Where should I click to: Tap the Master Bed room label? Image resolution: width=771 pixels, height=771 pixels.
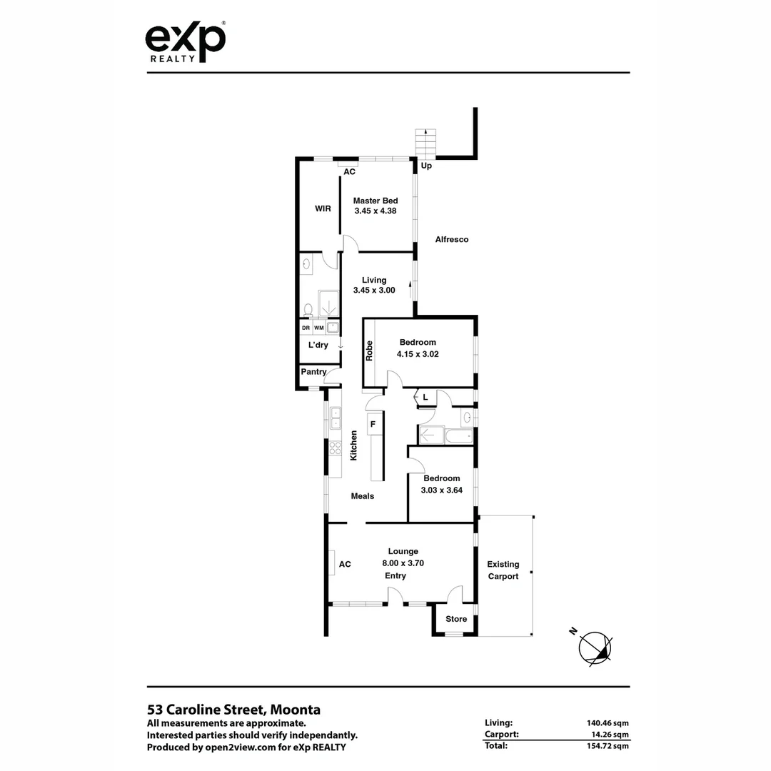click(x=375, y=201)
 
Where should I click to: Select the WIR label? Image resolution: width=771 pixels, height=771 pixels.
click(x=323, y=208)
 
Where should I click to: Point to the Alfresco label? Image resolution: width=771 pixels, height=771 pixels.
click(x=452, y=240)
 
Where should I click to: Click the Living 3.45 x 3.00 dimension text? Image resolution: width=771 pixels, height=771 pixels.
click(x=374, y=291)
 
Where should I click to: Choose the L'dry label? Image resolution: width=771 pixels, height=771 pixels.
click(x=318, y=346)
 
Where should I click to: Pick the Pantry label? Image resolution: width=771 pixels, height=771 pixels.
click(x=313, y=372)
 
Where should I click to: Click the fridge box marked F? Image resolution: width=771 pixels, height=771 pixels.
click(x=373, y=424)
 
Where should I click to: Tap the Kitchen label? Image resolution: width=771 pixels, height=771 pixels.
click(x=353, y=445)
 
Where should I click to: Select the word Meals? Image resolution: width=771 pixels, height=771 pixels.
click(x=363, y=496)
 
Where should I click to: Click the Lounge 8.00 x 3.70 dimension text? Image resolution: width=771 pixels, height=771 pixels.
click(x=403, y=563)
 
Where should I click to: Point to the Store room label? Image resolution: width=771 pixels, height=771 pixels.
click(x=456, y=619)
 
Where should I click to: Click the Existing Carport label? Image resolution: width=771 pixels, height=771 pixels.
click(x=503, y=570)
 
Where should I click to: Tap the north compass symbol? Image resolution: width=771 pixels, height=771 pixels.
click(x=595, y=647)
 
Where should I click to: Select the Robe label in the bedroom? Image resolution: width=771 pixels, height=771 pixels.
click(x=370, y=351)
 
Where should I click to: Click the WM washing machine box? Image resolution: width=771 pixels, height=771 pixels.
click(x=319, y=328)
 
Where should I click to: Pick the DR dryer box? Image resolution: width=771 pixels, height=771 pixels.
click(x=306, y=328)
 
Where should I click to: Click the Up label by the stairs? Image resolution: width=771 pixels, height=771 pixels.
click(x=427, y=166)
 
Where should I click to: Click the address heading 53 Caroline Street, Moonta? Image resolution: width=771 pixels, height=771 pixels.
click(x=233, y=710)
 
